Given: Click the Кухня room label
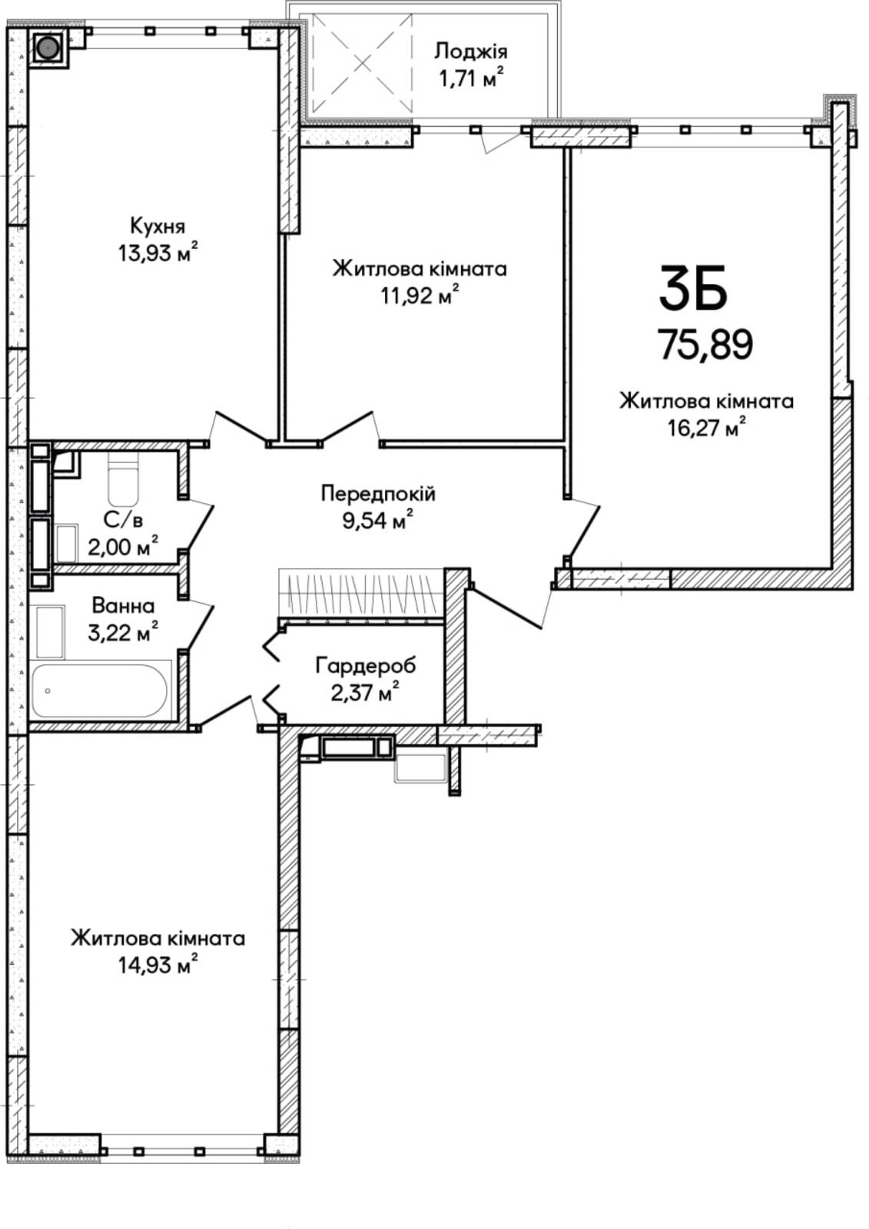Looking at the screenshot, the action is tap(158, 227).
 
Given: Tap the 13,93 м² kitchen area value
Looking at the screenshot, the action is tap(158, 253).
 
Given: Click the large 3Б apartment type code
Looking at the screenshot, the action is tap(693, 287).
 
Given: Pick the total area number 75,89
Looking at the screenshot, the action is tap(707, 345).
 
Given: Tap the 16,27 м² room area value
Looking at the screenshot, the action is tap(707, 427).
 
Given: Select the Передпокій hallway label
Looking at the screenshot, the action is tap(378, 494).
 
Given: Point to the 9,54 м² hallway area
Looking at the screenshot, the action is tap(378, 520).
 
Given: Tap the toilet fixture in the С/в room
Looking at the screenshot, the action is tap(124, 479).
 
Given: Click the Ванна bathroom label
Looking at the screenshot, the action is tap(123, 606).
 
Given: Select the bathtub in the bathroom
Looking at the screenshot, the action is tap(99, 691).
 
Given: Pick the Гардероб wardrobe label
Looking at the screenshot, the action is tap(366, 666).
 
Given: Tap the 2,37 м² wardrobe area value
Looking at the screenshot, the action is tap(364, 692).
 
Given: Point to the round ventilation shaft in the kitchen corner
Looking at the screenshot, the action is tap(49, 48).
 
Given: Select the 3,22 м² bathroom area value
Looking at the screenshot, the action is tap(123, 633).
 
